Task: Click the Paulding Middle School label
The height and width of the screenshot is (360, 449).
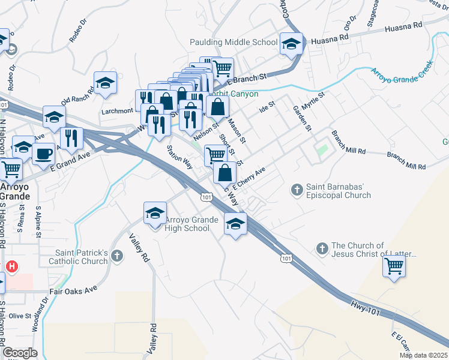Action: [234, 42]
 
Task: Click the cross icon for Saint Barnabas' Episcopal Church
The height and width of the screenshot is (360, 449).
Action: [296, 190]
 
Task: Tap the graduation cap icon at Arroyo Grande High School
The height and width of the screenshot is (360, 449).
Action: [155, 213]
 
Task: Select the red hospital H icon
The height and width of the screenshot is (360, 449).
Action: [11, 266]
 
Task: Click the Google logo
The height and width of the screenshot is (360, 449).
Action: [19, 353]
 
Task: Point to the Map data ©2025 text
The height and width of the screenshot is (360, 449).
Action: [423, 355]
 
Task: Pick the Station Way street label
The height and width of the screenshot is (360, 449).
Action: [179, 157]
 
